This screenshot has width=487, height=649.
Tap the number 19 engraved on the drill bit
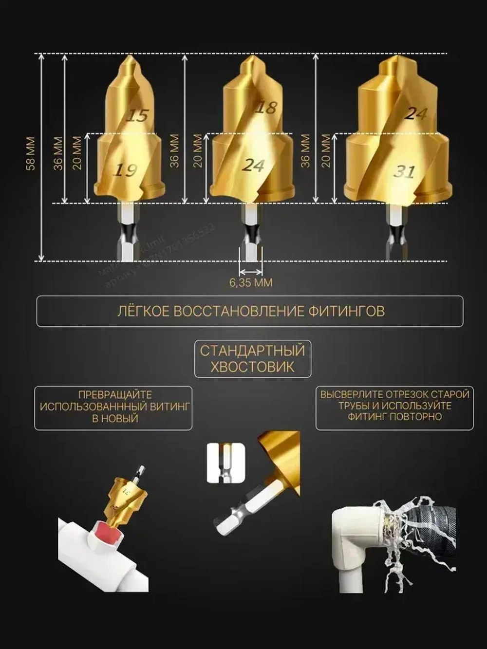click(125, 170)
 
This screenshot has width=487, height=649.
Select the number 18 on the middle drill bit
click(266, 107)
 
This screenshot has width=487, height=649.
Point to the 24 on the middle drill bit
click(253, 166)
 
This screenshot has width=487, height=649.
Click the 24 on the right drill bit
click(416, 113)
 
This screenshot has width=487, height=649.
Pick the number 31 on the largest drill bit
click(404, 171)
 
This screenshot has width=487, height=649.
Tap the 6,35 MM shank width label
click(251, 283)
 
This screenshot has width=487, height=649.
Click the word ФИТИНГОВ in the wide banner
click(346, 311)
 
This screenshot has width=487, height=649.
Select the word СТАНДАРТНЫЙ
click(252, 351)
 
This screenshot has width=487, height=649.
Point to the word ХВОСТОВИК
click(252, 367)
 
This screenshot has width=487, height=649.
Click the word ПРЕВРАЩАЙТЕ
click(115, 395)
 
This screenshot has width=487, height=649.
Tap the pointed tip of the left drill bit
click(129, 58)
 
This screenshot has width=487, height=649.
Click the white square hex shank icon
click(225, 463)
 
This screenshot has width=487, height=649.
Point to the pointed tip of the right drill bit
click(395, 58)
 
